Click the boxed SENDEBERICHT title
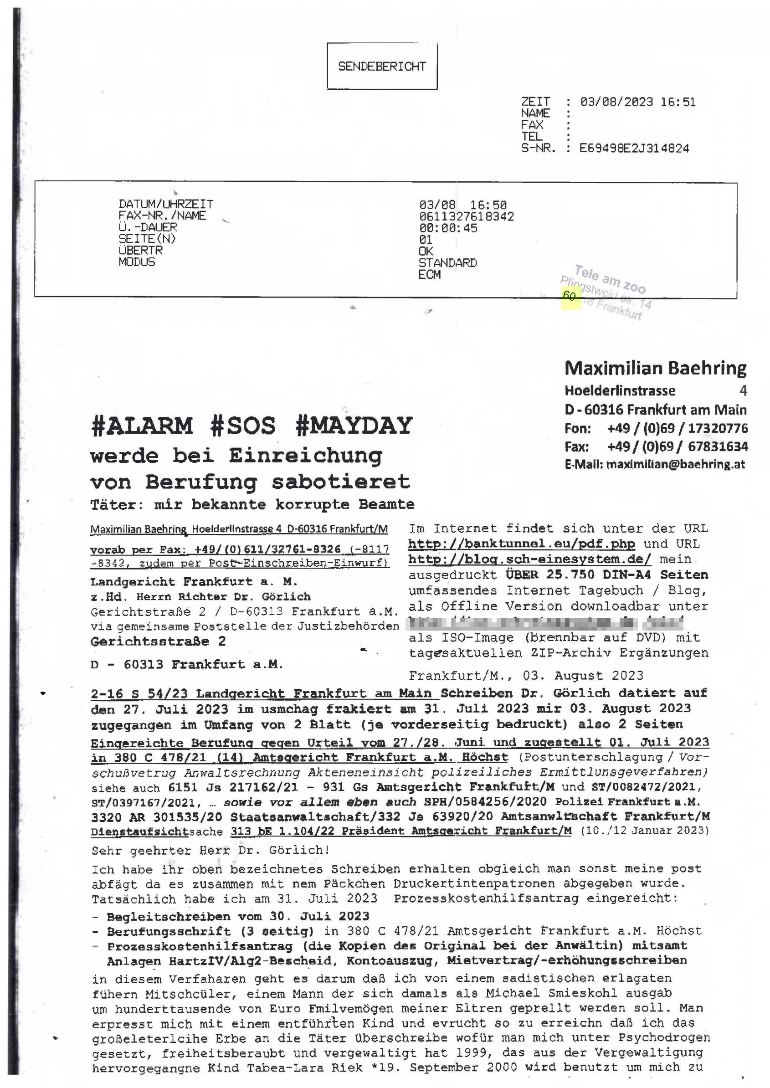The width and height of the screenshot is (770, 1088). coord(382,67)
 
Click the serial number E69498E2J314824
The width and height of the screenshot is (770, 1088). coord(634,149)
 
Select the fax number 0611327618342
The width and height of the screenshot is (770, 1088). coord(466,217)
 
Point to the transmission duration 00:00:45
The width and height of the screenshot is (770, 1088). coord(448,228)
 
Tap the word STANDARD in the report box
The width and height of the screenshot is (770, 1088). coord(447,262)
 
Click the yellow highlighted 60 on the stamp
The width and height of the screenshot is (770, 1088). coord(570,296)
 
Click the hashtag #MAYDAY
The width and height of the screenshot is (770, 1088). coord(354,425)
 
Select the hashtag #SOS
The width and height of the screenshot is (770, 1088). coord(243,425)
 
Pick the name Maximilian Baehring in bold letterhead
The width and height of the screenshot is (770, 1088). coord(655,368)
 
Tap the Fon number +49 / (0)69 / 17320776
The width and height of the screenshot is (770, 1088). coord(678,429)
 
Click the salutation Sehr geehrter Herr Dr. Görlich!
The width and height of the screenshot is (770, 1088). coord(210,850)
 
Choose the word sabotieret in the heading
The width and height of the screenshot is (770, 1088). coord(340,482)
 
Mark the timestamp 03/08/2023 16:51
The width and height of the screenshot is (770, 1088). coord(638,102)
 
